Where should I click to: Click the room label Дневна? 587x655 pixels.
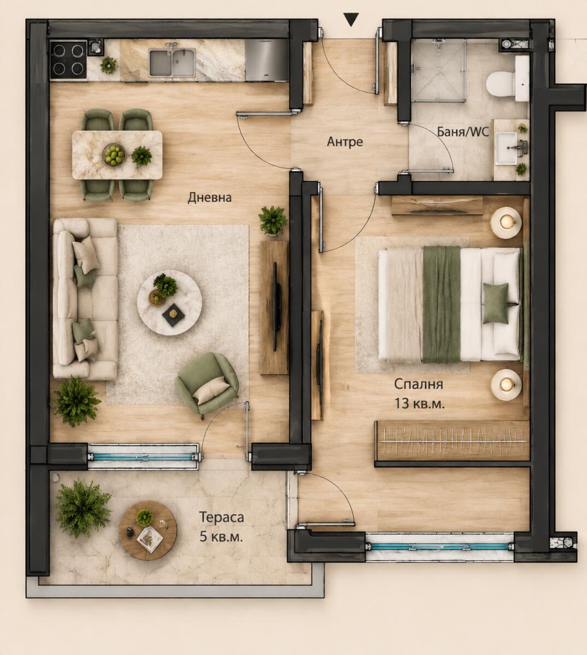pos(209,198)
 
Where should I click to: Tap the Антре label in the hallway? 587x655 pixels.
pos(345,141)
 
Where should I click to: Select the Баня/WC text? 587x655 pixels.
pos(463,132)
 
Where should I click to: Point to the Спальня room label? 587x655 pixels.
pos(418,384)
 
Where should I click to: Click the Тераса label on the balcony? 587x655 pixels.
pos(221,517)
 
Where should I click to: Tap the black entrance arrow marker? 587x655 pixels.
pos(351,19)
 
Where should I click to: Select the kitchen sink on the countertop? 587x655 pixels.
pos(172,62)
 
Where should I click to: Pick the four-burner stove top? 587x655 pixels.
pos(68,60)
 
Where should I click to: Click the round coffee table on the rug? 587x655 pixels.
pos(169,302)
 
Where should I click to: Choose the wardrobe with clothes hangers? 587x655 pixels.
pos(452,444)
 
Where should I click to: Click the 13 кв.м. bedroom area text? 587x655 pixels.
pos(419,404)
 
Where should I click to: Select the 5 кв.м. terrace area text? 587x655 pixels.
pos(221,537)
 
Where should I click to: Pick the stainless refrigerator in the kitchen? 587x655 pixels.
pos(267,60)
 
